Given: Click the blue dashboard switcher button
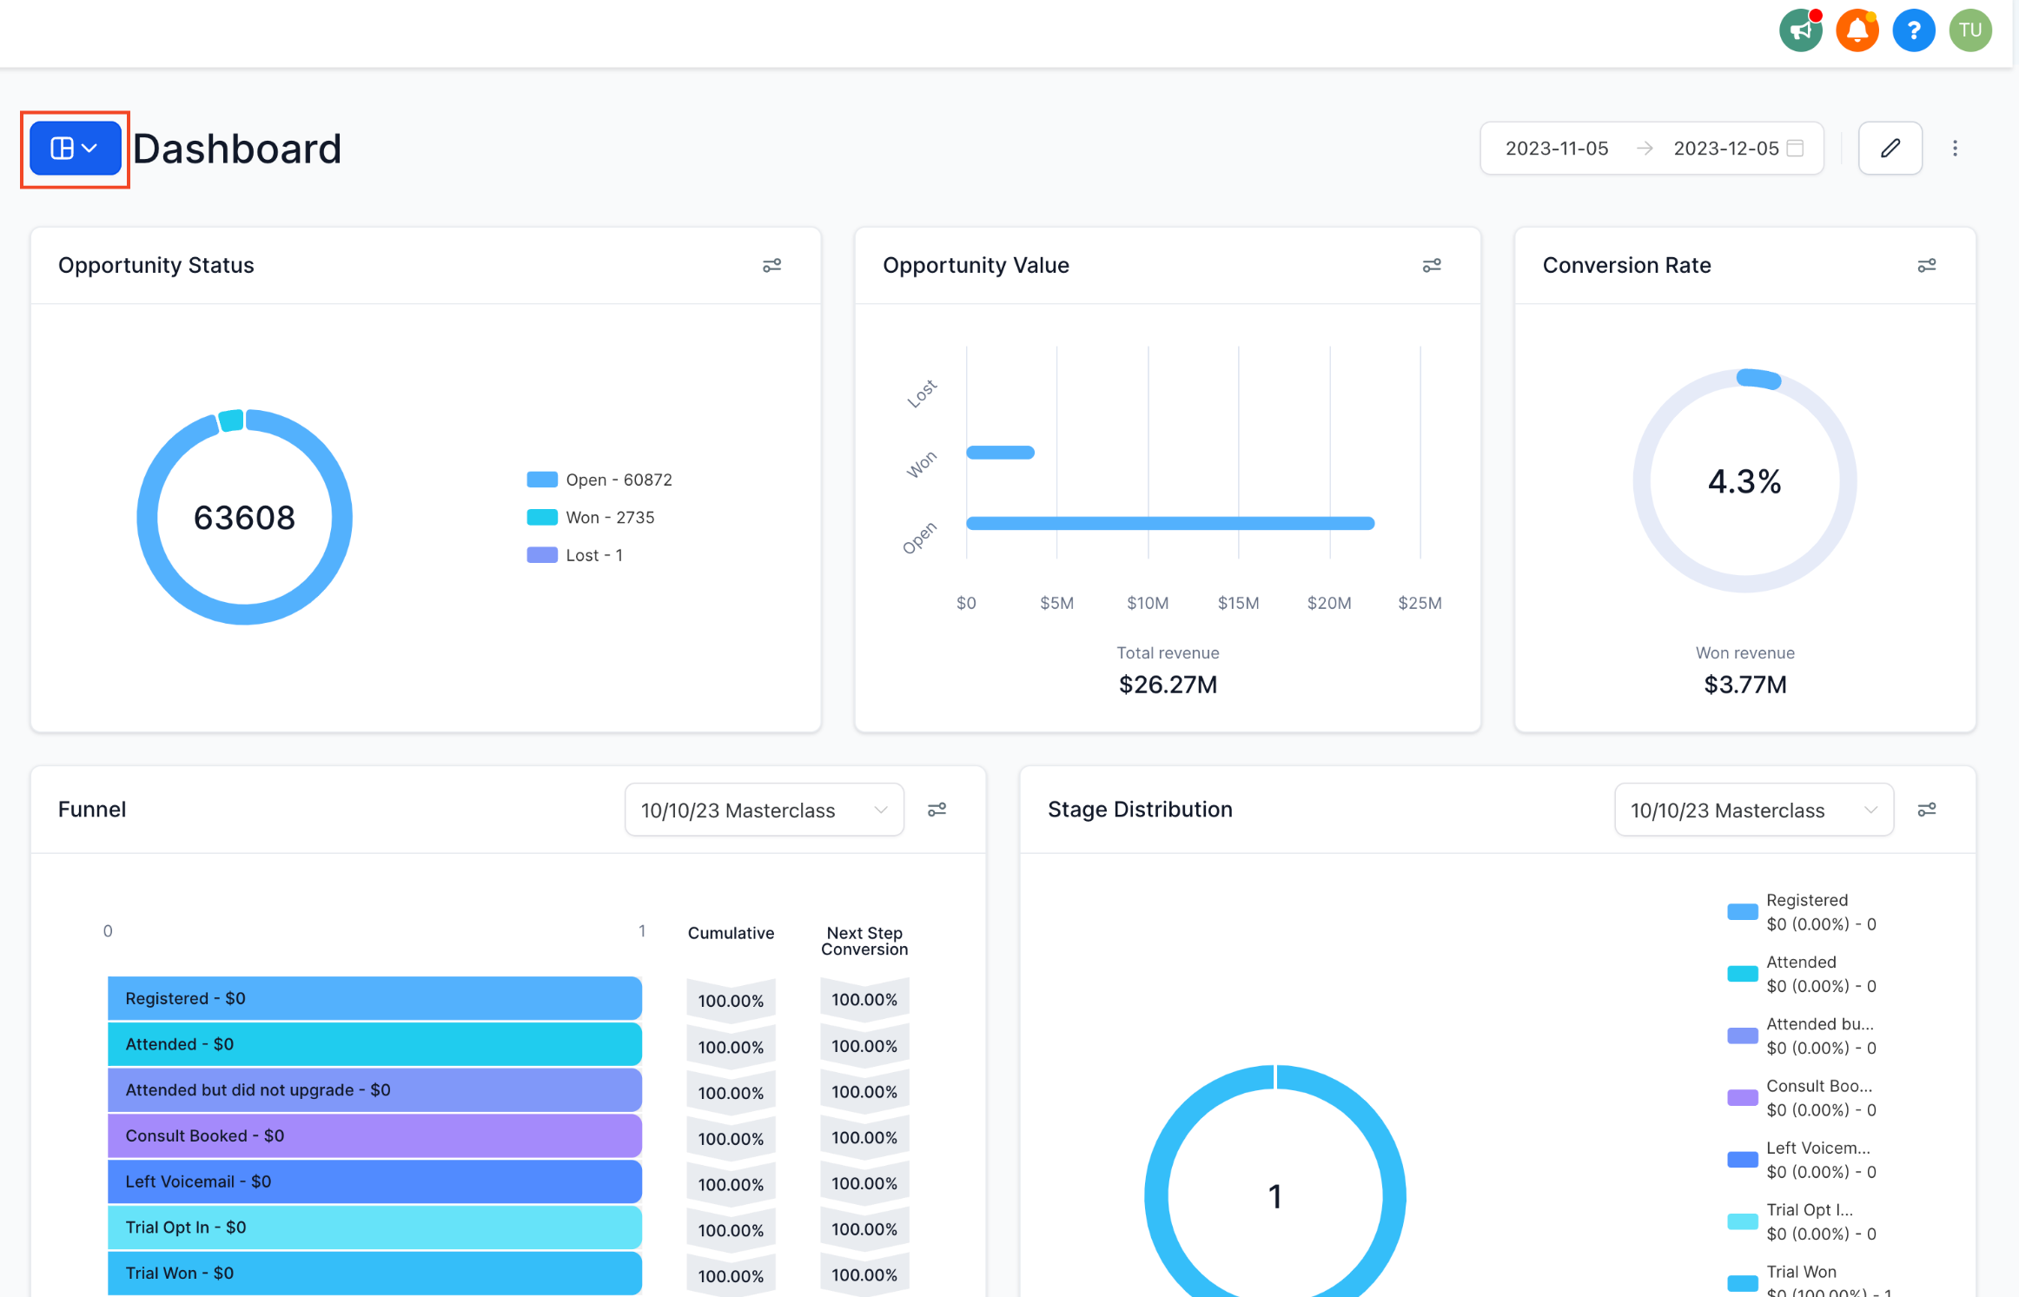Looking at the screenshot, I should pos(75,149).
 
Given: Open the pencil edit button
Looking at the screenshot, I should pos(1890,149).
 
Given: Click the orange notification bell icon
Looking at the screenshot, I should pos(1857,31).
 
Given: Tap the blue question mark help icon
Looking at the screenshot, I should pos(1913,31).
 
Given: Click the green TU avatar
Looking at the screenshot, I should pos(1969,31).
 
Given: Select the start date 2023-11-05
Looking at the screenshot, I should pos(1556,149).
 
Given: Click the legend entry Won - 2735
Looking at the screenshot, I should pos(609,518).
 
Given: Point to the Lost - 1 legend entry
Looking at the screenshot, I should pos(593,555).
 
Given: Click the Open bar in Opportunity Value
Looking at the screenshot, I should pos(1169,523).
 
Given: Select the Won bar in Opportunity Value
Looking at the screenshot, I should pos(1000,453).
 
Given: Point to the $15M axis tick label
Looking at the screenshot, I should pos(1238,603).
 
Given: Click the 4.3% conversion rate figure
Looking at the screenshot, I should pos(1744,481).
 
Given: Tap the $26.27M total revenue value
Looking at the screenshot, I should pos(1168,685).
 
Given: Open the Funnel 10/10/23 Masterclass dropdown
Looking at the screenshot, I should pos(764,811).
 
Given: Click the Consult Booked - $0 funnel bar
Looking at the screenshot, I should pos(374,1136).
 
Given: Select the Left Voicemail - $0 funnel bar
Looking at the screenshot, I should pos(374,1181).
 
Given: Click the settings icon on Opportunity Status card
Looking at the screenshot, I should pos(771,266).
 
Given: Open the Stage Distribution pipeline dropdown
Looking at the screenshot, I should pos(1753,811).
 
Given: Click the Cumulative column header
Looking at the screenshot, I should pos(731,933).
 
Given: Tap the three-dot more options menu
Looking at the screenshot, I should pos(1955,149).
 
